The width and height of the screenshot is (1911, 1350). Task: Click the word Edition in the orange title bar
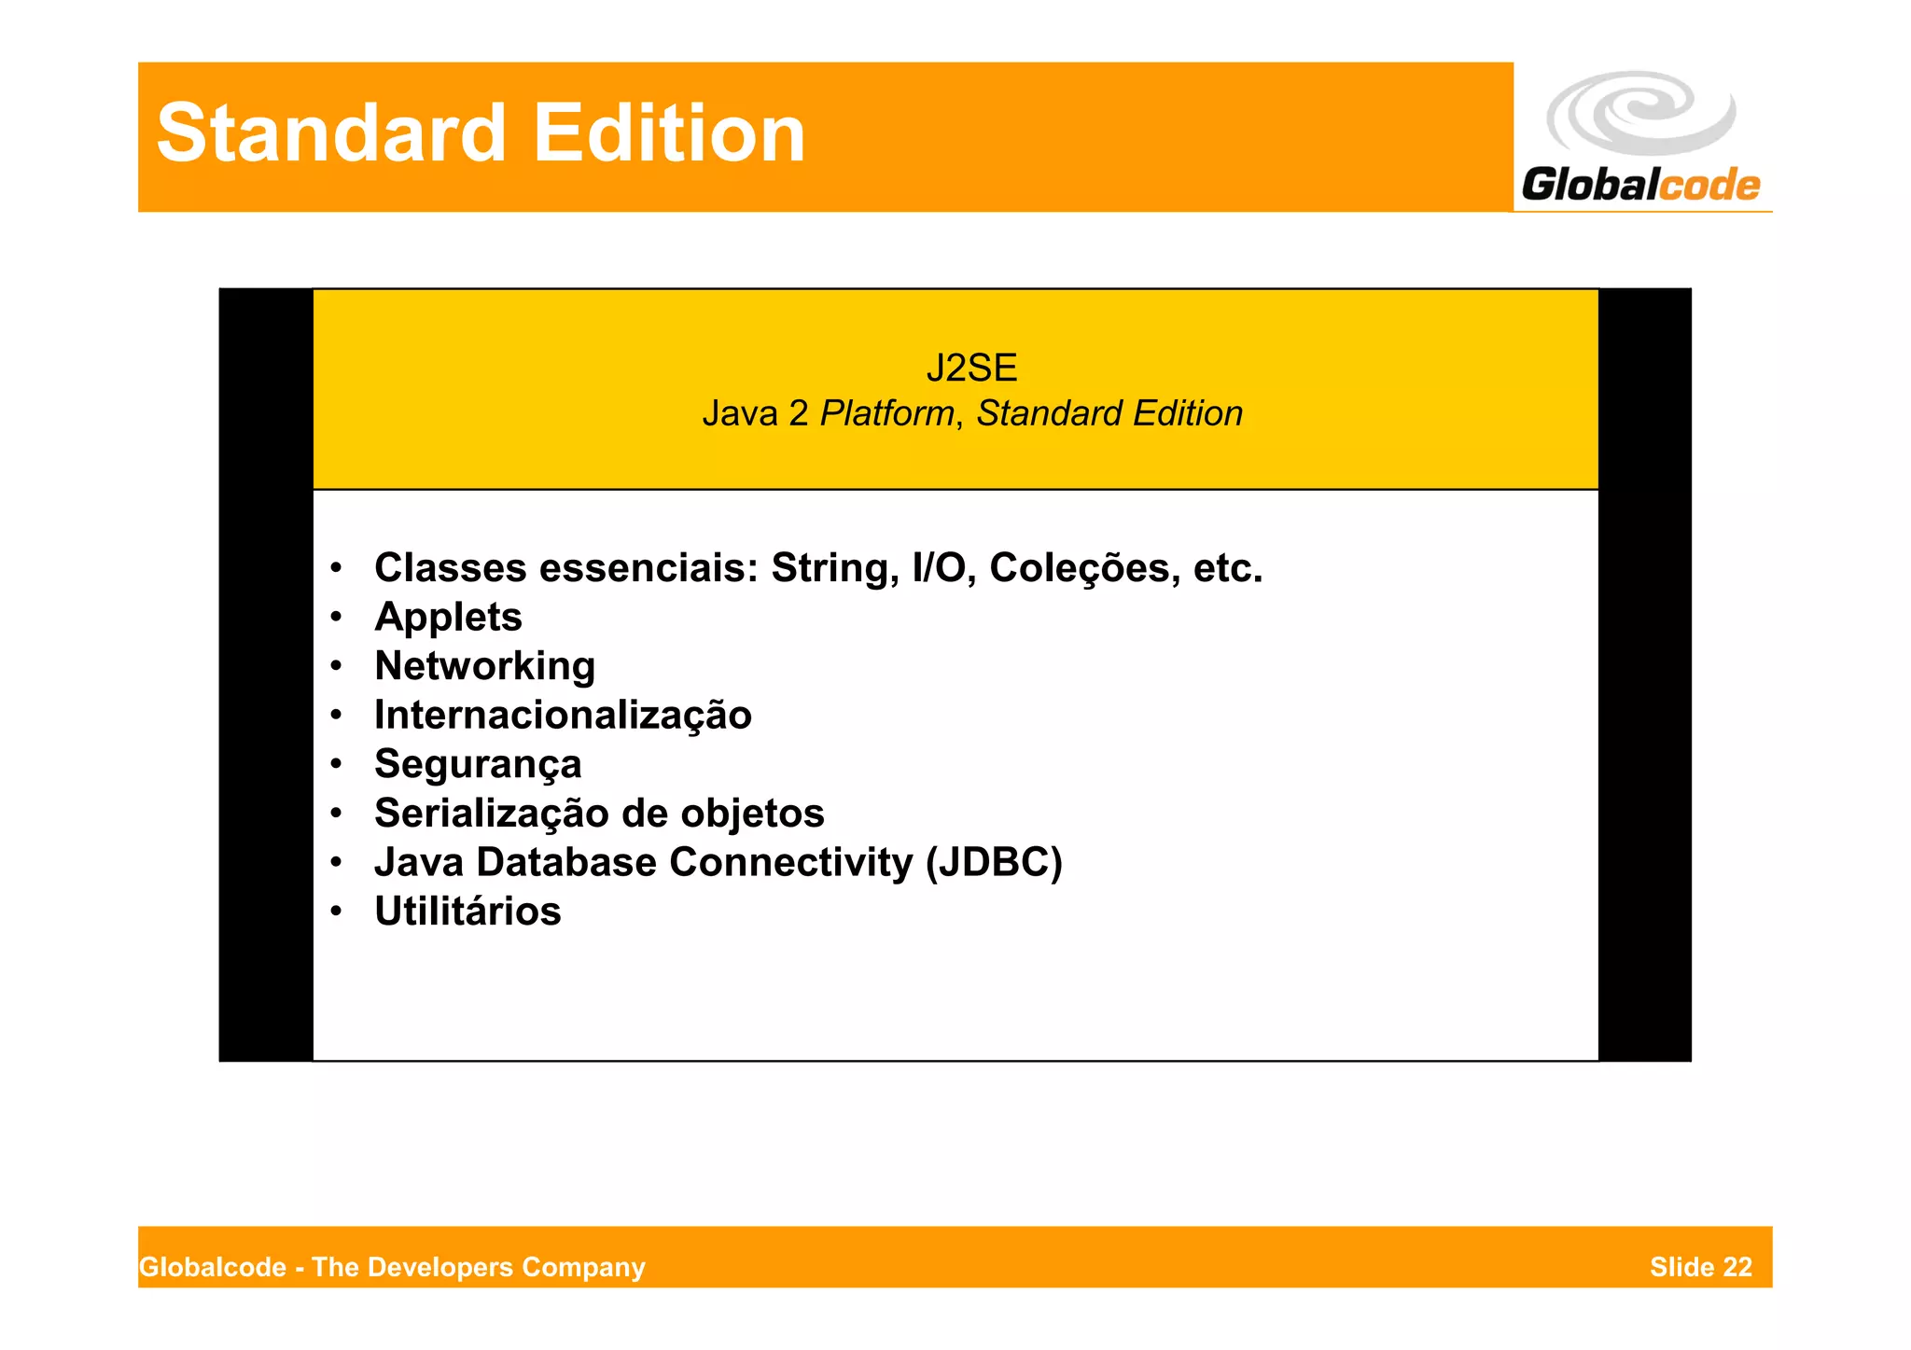668,132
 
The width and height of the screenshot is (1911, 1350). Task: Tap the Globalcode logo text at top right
1640,184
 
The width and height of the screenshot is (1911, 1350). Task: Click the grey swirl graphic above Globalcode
1641,112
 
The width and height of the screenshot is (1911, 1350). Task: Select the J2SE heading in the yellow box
971,368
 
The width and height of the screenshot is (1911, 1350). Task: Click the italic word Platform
886,413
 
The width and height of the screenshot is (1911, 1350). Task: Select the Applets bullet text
448,617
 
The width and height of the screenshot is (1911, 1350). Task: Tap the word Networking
484,666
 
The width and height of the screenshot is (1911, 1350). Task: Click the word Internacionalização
563,716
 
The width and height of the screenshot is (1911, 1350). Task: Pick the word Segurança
478,765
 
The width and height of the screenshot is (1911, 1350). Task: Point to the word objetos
752,814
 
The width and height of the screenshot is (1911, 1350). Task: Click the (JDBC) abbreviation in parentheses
994,862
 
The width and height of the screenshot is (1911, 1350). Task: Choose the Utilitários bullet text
467,912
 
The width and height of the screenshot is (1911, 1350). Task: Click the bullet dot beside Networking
336,666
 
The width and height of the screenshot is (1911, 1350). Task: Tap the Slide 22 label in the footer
1700,1267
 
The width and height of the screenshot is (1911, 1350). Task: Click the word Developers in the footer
448,1267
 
